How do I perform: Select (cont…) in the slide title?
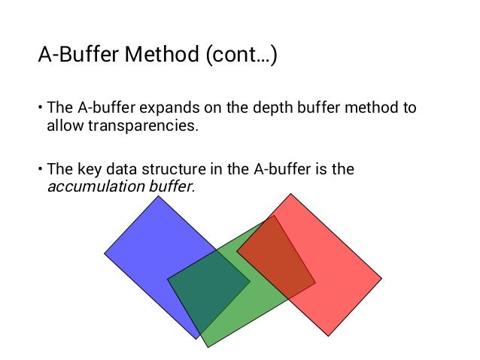pos(238,56)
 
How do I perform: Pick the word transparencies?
pos(143,125)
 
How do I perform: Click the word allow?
pos(62,125)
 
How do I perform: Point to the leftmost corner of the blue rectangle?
pos(105,253)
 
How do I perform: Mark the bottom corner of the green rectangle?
pos(205,346)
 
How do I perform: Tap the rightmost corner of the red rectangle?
pos(381,277)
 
